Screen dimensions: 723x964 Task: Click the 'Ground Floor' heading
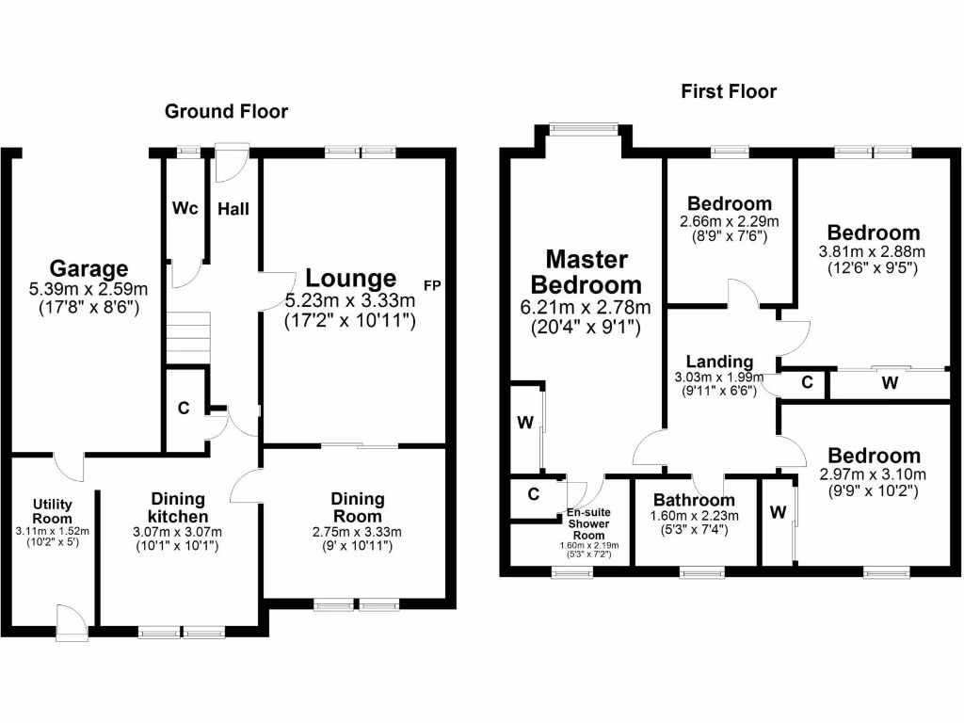click(226, 111)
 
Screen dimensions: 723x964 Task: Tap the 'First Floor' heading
click(729, 91)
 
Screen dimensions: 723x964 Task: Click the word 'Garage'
click(88, 269)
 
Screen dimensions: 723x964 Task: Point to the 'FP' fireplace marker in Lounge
click(432, 284)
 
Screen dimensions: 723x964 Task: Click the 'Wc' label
click(185, 209)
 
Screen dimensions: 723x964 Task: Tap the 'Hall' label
click(233, 209)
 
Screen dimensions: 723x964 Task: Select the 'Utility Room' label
click(53, 511)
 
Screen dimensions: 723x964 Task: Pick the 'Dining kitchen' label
click(177, 508)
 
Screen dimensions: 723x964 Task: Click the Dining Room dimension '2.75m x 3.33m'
click(357, 532)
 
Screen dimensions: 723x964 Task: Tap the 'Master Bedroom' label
click(586, 271)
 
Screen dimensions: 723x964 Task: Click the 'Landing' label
click(719, 361)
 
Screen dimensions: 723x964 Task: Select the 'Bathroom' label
click(695, 500)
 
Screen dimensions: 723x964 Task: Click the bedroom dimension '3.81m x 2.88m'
click(873, 251)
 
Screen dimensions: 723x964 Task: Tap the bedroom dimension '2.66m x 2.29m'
click(730, 221)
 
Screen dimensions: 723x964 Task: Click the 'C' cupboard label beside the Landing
click(807, 382)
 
